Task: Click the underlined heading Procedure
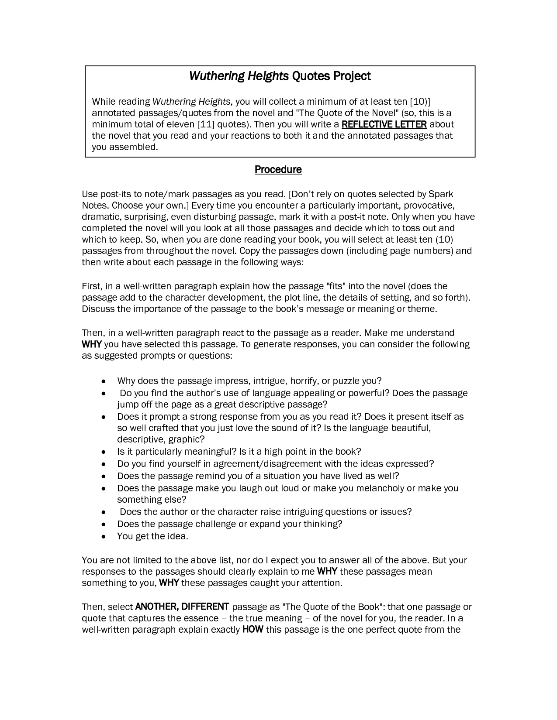(x=278, y=169)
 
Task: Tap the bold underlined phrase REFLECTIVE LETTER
(x=384, y=124)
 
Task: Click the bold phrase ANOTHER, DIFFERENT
(x=182, y=607)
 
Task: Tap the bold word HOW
(x=253, y=629)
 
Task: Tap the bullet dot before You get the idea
(x=103, y=536)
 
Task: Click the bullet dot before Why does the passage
(x=103, y=381)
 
